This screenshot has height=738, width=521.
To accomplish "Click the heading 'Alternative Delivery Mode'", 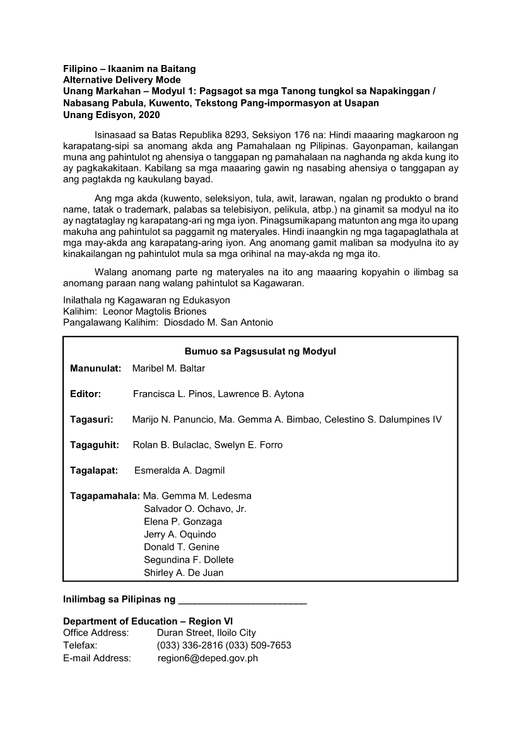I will click(122, 80).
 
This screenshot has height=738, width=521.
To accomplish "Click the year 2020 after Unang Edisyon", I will click(148, 115).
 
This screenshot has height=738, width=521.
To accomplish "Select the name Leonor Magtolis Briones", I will click(155, 311).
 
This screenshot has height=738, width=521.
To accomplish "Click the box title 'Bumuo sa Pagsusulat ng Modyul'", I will click(260, 351).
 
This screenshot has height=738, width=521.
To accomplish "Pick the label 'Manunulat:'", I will click(95, 368).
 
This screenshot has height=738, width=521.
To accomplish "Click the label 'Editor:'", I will click(86, 394).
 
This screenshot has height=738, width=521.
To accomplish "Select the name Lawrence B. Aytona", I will click(263, 394).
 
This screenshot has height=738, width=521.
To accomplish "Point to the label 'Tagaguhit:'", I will click(95, 445).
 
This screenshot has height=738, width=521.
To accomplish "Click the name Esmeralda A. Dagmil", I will click(179, 470).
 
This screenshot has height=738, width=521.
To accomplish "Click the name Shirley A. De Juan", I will click(184, 573).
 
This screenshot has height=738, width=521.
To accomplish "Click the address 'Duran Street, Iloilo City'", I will click(206, 633).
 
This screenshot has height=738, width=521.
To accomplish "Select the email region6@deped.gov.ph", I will click(208, 658).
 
